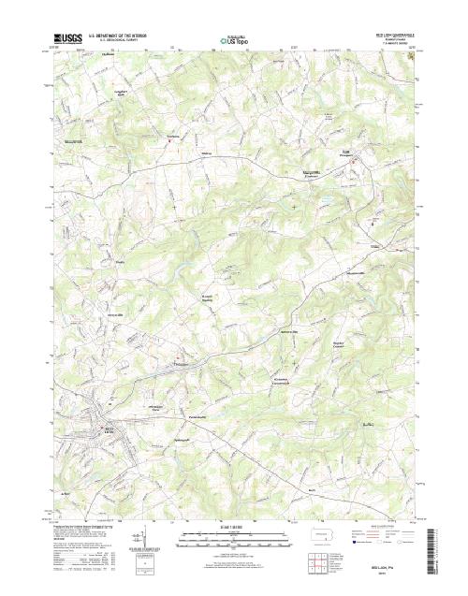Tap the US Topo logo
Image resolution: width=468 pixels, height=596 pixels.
(234, 41)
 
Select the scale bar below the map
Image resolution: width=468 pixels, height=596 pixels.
(234, 539)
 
